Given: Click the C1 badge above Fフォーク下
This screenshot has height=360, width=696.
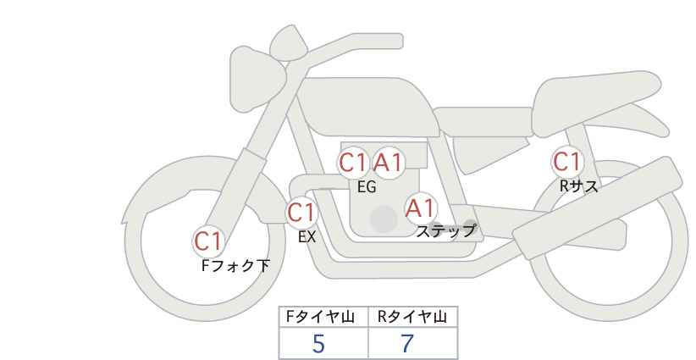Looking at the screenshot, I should coord(207,241).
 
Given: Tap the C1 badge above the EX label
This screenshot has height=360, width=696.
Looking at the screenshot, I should coord(301,213).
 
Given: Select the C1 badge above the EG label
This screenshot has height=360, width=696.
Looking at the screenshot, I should coord(352,163).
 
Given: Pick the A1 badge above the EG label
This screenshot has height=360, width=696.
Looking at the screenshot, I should coord(389,163).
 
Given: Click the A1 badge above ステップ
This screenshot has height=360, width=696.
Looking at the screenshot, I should coord(420,208).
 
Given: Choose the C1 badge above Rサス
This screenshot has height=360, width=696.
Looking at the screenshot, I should coord(566,161).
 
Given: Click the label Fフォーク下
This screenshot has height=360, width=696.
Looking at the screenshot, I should coord(235,266).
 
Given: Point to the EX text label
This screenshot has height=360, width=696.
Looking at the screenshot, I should coord(307,237).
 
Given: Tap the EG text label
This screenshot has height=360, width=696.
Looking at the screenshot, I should coord(366,187).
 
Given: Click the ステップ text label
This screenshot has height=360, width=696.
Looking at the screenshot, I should coord(445,230).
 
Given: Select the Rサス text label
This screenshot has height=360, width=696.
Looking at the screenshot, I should coord(578,186).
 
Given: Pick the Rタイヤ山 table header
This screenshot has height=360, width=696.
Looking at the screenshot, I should coord(412,318).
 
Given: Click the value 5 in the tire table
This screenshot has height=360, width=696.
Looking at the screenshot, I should coord(319,344).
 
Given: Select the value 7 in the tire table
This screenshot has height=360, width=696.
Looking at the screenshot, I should coord(407,344).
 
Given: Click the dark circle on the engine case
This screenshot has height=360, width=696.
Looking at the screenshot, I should coord(384,219).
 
